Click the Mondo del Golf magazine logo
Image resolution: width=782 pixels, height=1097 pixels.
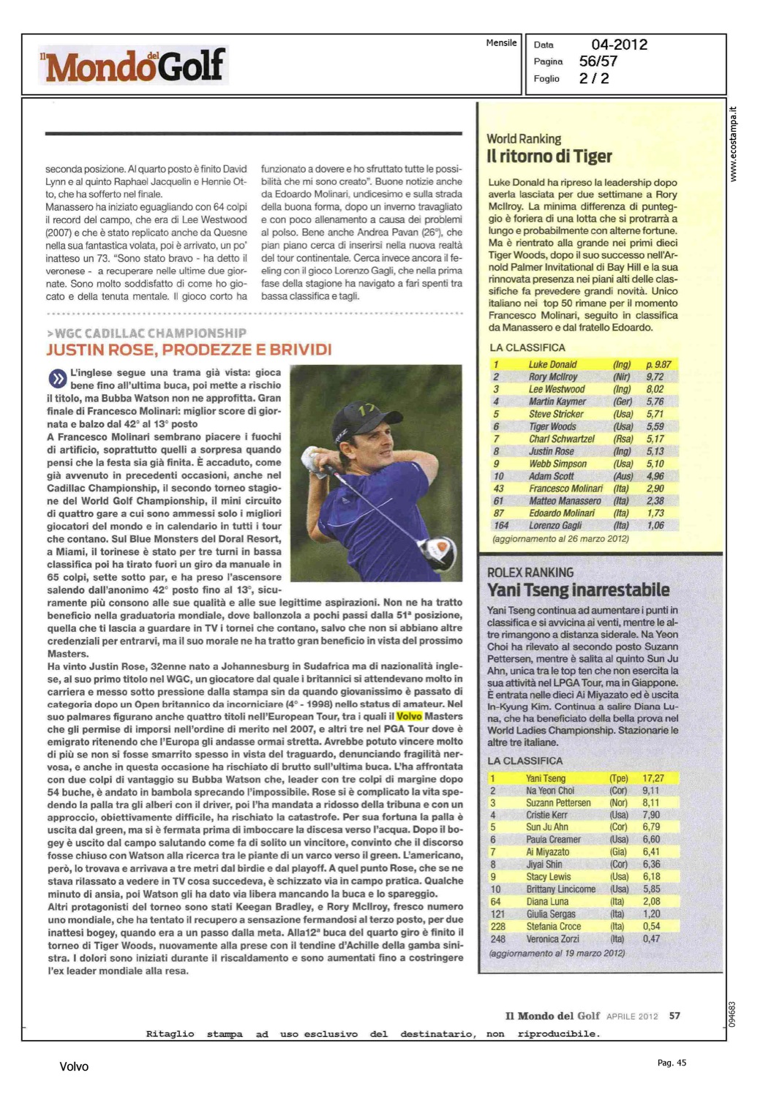point(134,66)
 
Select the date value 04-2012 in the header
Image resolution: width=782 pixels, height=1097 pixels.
point(619,45)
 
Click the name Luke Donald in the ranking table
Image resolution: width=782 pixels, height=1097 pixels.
point(552,364)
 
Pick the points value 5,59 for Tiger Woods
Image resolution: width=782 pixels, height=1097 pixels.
point(655,426)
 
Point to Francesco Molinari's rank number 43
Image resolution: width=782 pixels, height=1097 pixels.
point(498,489)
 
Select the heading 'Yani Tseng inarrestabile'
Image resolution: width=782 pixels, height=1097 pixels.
point(578,590)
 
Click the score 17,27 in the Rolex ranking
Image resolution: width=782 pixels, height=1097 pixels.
point(653,778)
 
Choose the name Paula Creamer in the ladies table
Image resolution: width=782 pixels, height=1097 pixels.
point(553,840)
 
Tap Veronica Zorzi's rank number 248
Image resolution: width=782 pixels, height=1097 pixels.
point(498,938)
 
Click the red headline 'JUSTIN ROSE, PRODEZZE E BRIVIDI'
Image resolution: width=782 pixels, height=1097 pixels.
point(189,350)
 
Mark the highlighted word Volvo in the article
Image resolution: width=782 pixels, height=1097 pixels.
point(409,717)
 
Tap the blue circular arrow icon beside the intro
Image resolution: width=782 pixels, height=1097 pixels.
point(57,379)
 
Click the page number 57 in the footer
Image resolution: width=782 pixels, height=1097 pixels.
point(674,1016)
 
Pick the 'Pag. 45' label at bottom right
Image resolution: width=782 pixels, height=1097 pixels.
point(672,1063)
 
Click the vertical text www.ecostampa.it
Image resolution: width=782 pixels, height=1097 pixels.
point(734,145)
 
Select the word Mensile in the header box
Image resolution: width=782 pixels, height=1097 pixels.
point(501,43)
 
